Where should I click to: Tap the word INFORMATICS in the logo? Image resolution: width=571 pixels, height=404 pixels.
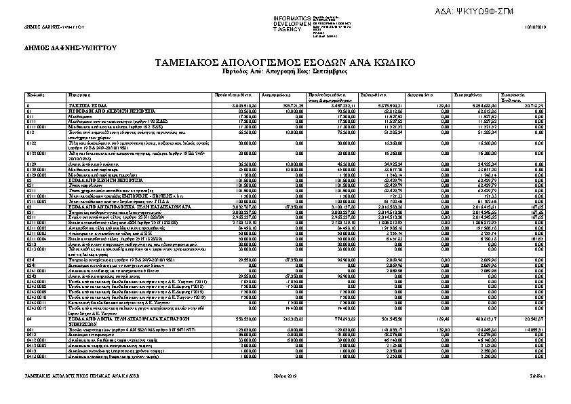292,17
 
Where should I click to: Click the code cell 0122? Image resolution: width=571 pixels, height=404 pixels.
31,143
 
